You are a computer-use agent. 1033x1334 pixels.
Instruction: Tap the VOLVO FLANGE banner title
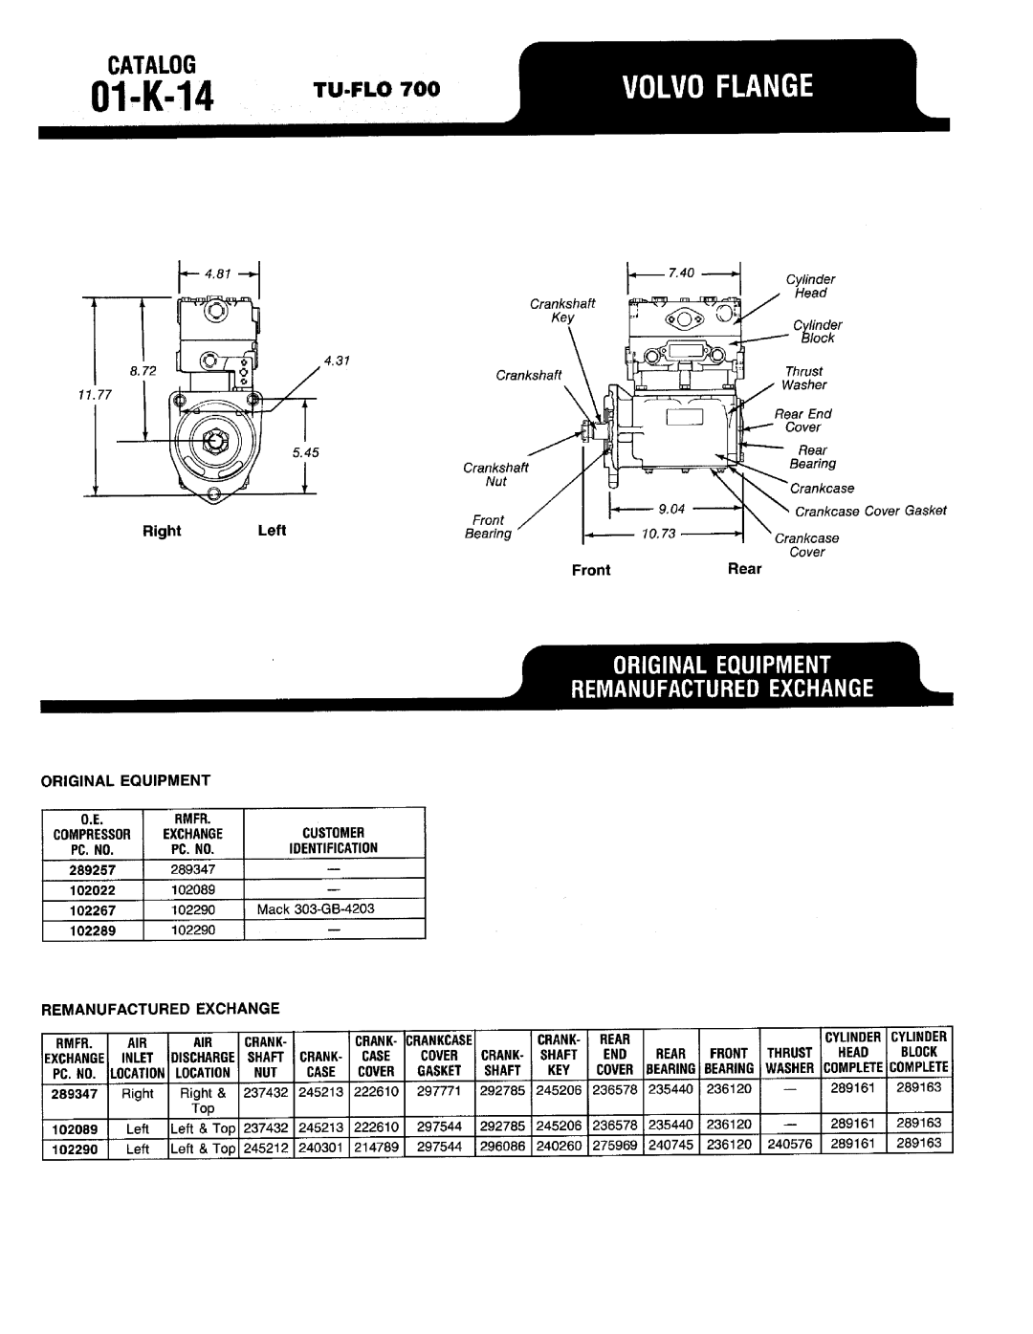click(x=718, y=88)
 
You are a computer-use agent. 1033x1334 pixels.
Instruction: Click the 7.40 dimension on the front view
click(x=681, y=273)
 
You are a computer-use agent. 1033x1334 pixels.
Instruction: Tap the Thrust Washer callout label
click(x=803, y=378)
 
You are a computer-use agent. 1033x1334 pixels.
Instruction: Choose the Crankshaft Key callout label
click(x=563, y=310)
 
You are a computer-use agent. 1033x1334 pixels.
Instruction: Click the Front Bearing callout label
click(x=488, y=527)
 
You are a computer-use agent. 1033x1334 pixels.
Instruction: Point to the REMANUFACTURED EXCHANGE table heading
click(x=159, y=1008)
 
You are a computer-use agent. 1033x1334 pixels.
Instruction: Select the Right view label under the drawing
click(x=162, y=531)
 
